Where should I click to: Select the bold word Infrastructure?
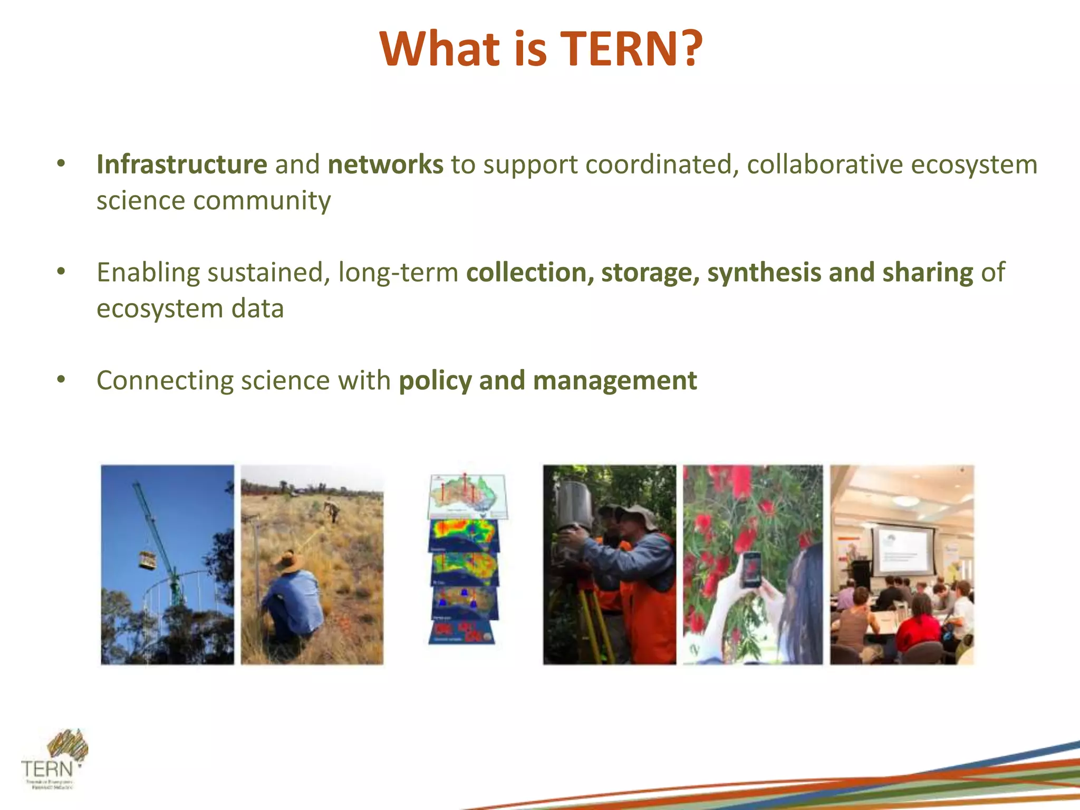pos(181,165)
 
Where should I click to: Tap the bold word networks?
pos(385,165)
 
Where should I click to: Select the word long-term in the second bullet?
pos(398,273)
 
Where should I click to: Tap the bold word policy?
pos(435,381)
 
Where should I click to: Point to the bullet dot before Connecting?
pos(61,380)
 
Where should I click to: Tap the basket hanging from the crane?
pos(148,560)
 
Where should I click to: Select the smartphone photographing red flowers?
pos(750,570)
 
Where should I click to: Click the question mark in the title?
pos(688,49)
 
